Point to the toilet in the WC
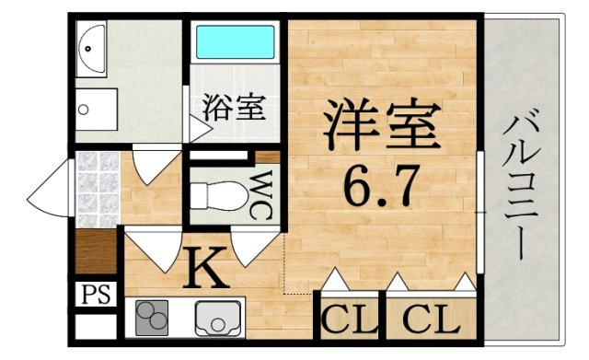point(214,194)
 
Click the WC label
point(260,195)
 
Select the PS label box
point(95,295)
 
